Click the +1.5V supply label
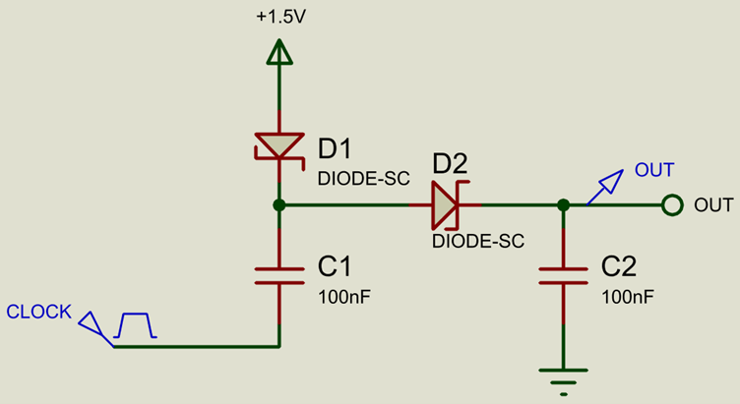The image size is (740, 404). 279,17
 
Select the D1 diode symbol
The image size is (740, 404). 279,146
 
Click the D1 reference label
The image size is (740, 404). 336,148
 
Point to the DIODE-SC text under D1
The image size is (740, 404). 357,179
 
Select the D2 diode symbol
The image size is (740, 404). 445,205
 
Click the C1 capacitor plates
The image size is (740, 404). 279,274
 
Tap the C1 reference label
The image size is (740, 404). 336,267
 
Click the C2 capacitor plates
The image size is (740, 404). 563,274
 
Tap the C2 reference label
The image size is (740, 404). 619,267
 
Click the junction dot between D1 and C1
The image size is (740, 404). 279,205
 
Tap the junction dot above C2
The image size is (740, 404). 563,205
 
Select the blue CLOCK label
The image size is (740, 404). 38,313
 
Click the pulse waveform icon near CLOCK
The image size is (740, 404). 135,325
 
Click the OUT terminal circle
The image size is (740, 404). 672,205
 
